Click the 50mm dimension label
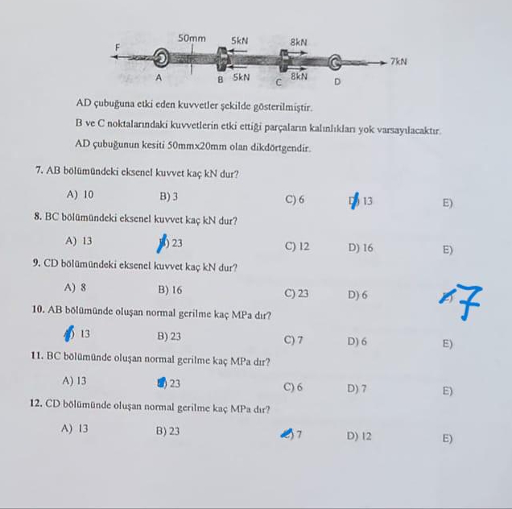192,39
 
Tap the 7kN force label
398,62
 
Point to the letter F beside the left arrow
118,48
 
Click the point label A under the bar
159,77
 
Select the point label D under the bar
337,81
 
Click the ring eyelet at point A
161,57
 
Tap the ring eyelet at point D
334,62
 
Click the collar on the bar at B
222,59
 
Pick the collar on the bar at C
283,60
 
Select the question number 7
39,170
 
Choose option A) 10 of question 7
80,195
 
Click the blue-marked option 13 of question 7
361,201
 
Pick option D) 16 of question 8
361,247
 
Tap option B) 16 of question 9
170,290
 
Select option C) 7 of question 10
293,340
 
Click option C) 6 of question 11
293,387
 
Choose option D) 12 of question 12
359,437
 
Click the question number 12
35,403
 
